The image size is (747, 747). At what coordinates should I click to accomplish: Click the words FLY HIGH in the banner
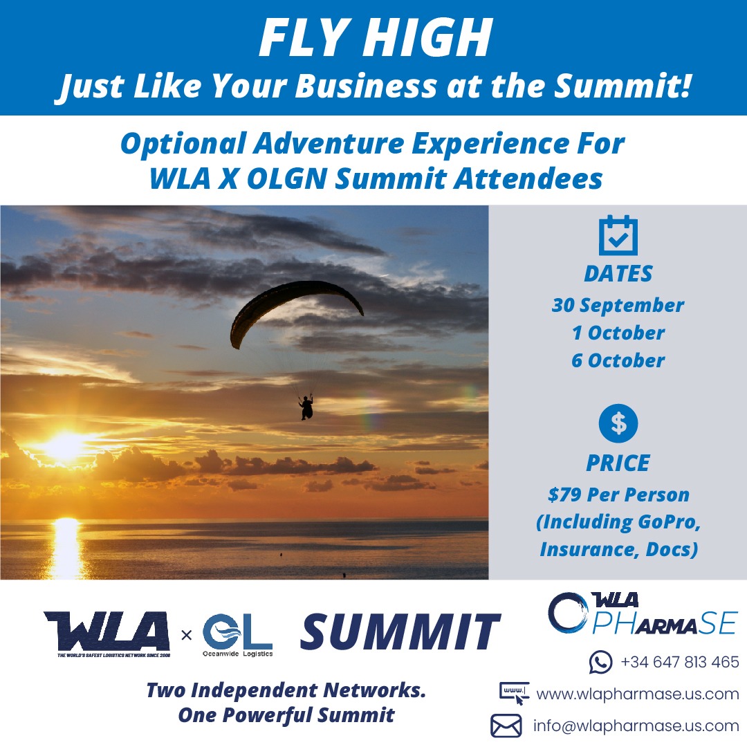376,37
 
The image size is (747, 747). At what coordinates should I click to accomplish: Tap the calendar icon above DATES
618,235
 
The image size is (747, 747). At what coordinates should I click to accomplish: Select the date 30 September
618,306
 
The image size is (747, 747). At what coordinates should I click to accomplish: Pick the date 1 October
618,333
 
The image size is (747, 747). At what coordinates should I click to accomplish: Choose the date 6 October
618,360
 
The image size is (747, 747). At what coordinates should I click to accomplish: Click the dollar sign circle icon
618,423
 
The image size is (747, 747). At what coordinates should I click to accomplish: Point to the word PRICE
618,463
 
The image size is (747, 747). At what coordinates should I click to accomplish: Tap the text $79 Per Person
618,495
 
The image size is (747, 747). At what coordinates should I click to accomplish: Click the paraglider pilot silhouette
306,408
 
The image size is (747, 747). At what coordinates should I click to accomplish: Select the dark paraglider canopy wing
295,310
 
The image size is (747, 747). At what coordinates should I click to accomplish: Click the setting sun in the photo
65,446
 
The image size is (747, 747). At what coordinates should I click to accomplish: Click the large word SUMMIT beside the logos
400,631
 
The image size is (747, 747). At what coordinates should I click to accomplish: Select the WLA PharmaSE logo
643,614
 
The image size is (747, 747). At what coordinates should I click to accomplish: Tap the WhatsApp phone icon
601,662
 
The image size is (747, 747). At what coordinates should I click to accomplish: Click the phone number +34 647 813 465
680,662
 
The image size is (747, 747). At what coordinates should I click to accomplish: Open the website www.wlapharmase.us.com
638,694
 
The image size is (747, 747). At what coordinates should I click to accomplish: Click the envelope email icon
506,726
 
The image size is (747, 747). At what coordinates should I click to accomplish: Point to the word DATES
618,274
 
